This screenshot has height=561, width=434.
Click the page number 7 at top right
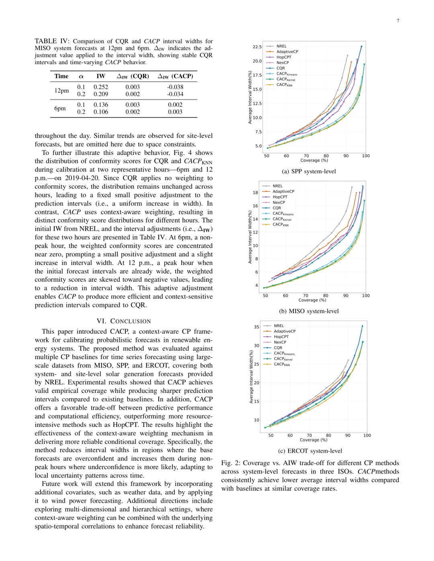click(398, 21)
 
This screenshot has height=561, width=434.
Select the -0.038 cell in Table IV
click(175, 87)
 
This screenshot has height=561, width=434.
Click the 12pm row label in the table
click(61, 91)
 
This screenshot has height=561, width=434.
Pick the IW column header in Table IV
click(100, 76)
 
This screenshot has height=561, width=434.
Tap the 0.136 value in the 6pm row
click(100, 105)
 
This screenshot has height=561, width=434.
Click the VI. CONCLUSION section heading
click(124, 321)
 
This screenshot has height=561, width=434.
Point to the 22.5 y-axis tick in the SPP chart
click(257, 47)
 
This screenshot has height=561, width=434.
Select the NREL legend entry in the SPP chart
click(281, 46)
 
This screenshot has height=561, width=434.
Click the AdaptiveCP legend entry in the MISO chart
click(283, 191)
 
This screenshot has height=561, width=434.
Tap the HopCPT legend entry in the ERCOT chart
click(281, 337)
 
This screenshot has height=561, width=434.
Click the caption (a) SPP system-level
click(309, 171)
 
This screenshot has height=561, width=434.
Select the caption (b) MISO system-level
click(309, 311)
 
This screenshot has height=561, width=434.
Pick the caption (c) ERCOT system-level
click(310, 451)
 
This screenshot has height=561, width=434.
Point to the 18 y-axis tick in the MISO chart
click(255, 193)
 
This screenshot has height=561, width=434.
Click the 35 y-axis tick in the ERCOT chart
click(256, 327)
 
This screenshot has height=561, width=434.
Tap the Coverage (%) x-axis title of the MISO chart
click(312, 300)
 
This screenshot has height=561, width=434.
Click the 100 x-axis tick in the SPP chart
click(366, 156)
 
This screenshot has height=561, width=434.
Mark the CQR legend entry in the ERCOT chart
click(278, 348)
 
